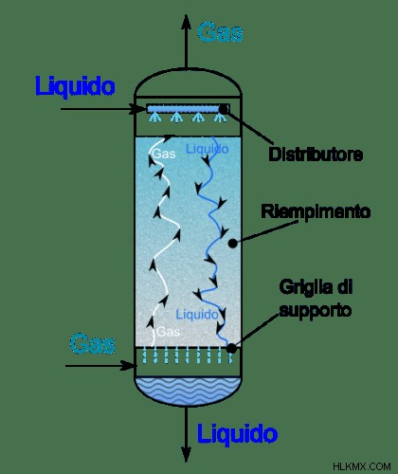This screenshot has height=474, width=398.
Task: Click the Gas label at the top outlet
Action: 220,32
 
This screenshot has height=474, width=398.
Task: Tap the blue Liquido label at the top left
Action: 75,85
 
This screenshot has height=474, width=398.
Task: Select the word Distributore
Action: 316,155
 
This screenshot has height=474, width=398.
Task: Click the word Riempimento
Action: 316,211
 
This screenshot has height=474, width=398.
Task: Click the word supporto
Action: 316,310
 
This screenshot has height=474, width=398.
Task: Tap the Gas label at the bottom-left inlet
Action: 92,344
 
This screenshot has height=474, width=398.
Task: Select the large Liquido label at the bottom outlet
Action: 237,433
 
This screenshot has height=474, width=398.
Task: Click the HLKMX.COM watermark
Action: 362,466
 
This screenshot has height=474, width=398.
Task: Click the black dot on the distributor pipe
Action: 224,109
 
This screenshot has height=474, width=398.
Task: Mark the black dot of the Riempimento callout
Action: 233,243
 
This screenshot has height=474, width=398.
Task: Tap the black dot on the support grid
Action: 231,348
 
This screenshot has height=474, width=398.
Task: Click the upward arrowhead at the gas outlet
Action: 186,22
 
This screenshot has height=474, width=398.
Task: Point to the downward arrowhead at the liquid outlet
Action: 186,454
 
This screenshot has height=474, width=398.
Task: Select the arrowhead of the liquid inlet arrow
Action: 139,109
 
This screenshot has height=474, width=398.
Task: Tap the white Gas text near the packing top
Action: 164,154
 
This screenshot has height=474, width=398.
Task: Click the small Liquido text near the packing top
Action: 207,149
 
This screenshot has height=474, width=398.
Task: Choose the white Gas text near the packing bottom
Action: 169,332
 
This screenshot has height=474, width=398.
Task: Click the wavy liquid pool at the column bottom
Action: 188,391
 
